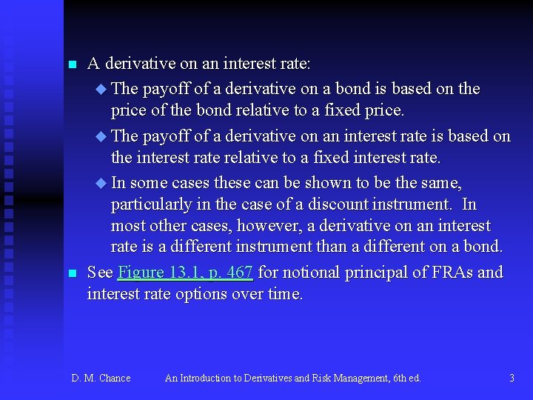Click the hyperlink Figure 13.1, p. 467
tap(185, 273)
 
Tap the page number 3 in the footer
tap(512, 379)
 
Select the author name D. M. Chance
tap(101, 379)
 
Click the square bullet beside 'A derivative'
tap(72, 66)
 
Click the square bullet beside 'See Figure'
tap(72, 273)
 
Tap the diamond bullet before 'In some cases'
tap(101, 183)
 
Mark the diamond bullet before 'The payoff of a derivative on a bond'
tap(101, 90)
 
